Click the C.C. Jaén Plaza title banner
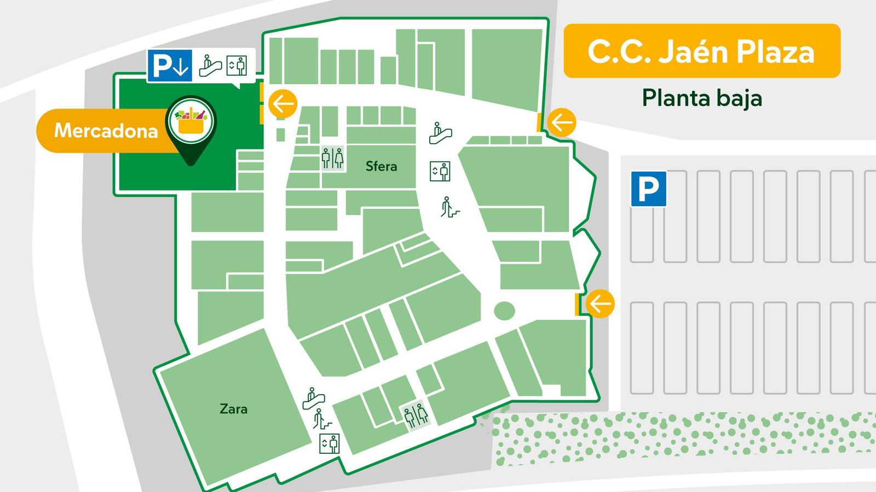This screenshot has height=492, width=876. pos(701,51)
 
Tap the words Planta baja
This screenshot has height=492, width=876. pos(702,98)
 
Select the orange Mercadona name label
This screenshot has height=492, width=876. pos(104,131)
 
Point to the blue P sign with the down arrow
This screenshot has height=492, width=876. pos(169,66)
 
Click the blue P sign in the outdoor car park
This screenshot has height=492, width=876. pos(648,189)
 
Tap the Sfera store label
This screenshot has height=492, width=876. pos(381,166)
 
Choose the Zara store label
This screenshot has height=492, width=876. pos(233,409)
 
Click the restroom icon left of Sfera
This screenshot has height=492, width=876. pos(332,159)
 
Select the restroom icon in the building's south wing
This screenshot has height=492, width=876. pos(416,415)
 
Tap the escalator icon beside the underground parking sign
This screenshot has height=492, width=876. pos(210,66)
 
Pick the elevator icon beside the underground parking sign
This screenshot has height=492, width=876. pos(237,66)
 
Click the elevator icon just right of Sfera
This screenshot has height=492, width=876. pos(440,171)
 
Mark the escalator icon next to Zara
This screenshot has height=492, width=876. pos(314,399)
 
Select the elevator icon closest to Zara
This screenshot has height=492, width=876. pos(330,443)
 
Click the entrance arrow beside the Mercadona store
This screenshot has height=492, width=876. pos(283,103)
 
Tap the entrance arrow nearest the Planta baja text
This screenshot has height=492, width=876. pos(562,122)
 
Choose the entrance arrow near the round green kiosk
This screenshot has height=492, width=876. pos(600,303)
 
